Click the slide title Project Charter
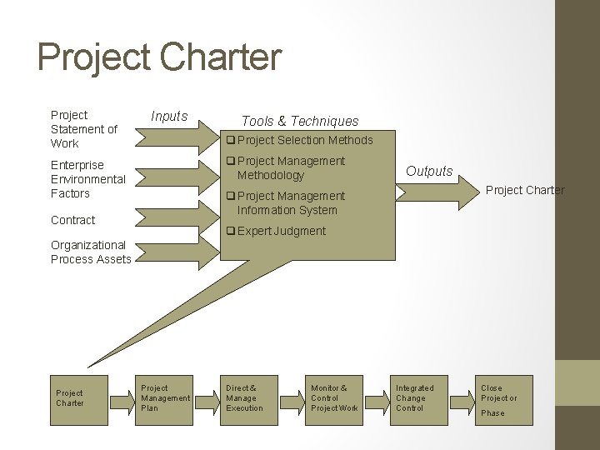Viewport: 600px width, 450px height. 160,58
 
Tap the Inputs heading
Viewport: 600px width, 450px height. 169,116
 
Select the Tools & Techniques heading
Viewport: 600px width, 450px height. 300,122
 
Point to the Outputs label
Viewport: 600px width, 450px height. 429,172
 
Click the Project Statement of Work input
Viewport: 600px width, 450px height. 84,129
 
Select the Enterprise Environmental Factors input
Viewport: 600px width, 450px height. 88,179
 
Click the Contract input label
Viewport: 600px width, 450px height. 73,220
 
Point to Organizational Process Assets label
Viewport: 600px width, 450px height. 91,252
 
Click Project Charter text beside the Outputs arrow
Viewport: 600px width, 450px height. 525,190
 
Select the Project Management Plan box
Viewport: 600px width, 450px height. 165,398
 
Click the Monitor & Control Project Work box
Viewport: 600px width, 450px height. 334,398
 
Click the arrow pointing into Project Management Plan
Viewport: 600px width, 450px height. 123,398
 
